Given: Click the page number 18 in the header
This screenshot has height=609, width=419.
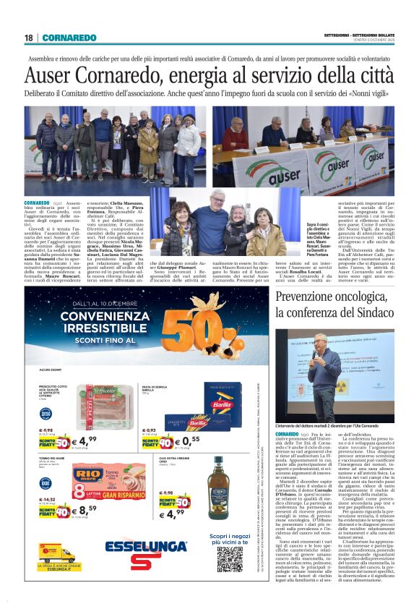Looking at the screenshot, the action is pos(28,38).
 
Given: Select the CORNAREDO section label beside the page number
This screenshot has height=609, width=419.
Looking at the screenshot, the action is pos(69,38).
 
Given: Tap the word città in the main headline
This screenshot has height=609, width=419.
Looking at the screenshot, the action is pos(371,75).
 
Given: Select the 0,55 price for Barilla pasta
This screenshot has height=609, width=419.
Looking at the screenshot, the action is pos(191,440).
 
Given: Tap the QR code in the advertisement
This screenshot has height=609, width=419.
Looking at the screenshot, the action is pos(230,558).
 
